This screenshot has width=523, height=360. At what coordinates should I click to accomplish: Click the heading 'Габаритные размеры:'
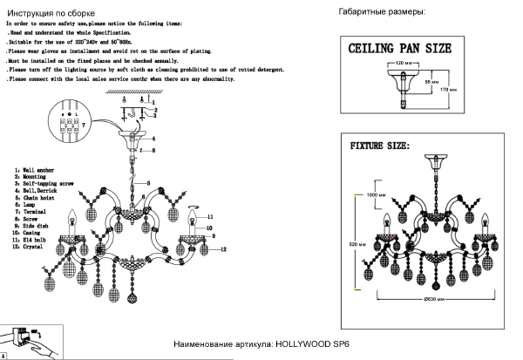[x=381, y=12]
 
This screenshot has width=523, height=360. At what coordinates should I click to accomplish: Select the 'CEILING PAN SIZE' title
[x=400, y=48]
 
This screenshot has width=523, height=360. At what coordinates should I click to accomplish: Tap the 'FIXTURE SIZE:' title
[x=379, y=145]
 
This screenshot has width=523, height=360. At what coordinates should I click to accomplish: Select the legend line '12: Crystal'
[x=32, y=247]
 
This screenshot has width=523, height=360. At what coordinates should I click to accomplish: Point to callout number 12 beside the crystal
[x=223, y=250]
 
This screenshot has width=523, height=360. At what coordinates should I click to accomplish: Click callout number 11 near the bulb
[x=209, y=215]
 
